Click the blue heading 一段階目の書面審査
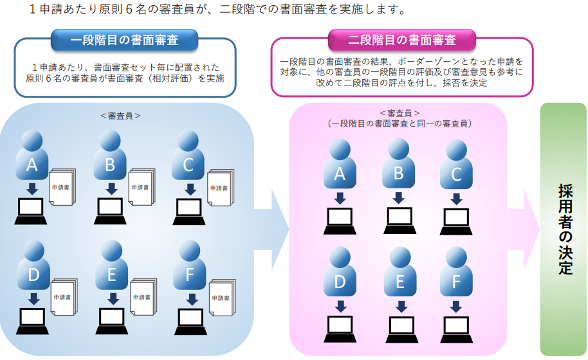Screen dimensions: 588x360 (x=124, y=40)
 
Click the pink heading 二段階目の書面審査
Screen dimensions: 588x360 (x=401, y=40)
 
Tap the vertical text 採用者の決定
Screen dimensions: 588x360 (x=565, y=230)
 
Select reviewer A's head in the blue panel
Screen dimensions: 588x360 (x=32, y=141)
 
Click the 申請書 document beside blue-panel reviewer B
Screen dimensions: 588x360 (x=142, y=187)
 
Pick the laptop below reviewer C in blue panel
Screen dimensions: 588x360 (x=189, y=212)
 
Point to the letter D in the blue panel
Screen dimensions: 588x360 (x=33, y=274)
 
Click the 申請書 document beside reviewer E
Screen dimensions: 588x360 (x=143, y=297)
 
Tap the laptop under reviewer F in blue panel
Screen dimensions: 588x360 (x=191, y=321)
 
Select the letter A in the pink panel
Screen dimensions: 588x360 (x=340, y=174)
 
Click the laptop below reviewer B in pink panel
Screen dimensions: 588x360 (x=400, y=221)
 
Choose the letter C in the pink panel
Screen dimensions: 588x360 (x=456, y=174)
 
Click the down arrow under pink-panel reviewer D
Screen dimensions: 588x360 (x=340, y=306)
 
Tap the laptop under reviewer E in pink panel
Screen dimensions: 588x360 (x=401, y=329)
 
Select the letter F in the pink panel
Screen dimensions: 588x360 (x=456, y=282)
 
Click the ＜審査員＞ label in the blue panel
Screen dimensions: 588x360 (x=121, y=116)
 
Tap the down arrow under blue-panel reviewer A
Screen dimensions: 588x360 (x=32, y=188)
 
